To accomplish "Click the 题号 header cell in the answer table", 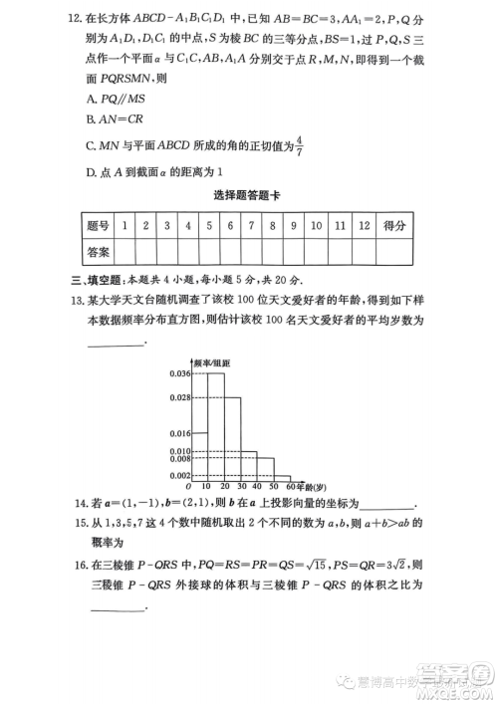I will (98, 226).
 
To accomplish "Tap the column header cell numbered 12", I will (364, 226).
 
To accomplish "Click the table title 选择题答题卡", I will (247, 197).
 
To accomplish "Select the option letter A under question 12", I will (92, 100).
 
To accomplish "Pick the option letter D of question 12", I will (92, 174).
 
